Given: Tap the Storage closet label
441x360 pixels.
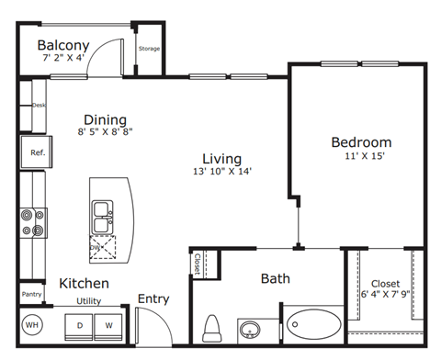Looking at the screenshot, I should tap(148, 49).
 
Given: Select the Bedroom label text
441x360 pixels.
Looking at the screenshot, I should tap(361, 142).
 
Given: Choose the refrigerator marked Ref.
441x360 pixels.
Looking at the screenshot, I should tap(38, 152).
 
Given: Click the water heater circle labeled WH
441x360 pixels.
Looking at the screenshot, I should tap(31, 325).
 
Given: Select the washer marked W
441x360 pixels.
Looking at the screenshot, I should tap(109, 325).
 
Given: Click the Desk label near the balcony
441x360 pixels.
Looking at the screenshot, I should tap(39, 105).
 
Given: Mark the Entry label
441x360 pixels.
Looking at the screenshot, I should tap(153, 298).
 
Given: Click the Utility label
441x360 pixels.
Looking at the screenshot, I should tap(88, 300).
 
